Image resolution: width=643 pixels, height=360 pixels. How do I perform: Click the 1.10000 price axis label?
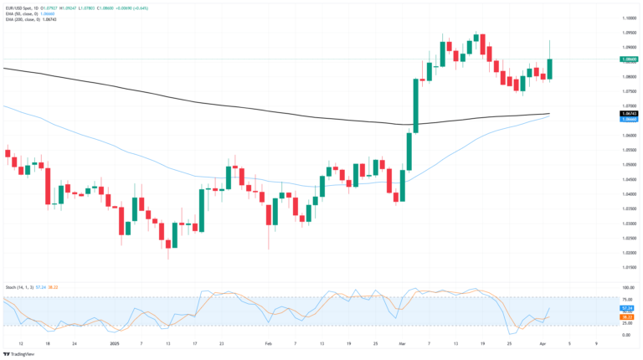tap(629, 18)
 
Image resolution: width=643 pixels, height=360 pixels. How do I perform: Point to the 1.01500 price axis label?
tap(629, 267)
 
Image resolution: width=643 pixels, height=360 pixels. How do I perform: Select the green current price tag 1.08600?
tap(629, 59)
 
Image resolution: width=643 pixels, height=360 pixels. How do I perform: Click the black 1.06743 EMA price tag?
tap(629, 113)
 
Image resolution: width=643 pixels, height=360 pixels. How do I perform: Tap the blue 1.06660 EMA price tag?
tap(629, 119)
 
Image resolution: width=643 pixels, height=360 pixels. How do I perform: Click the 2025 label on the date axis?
tap(114, 343)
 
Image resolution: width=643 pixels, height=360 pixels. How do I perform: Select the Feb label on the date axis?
tap(269, 343)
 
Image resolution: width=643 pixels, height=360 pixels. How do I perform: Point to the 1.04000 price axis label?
tap(629, 193)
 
